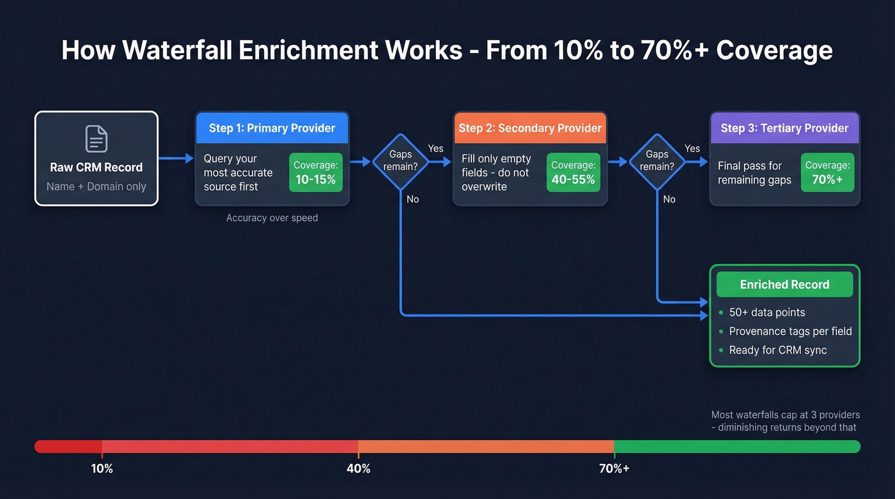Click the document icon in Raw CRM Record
(x=97, y=139)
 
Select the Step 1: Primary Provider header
(x=272, y=128)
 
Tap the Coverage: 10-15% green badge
(x=315, y=173)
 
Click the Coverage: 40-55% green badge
(x=573, y=173)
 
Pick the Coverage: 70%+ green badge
(x=827, y=173)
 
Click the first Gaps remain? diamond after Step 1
(x=400, y=161)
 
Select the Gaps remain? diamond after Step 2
(x=657, y=161)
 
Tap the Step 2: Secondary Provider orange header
(x=530, y=128)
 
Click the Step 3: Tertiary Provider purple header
(x=784, y=128)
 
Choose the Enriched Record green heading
(x=784, y=284)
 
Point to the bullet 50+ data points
(x=767, y=312)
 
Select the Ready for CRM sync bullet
(x=777, y=350)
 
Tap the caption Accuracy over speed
(x=272, y=218)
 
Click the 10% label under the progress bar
(x=102, y=468)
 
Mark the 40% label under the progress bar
(x=358, y=468)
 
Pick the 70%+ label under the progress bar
(x=614, y=468)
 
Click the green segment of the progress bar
(x=735, y=446)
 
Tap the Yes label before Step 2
(x=435, y=148)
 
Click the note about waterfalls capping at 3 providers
(x=784, y=421)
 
